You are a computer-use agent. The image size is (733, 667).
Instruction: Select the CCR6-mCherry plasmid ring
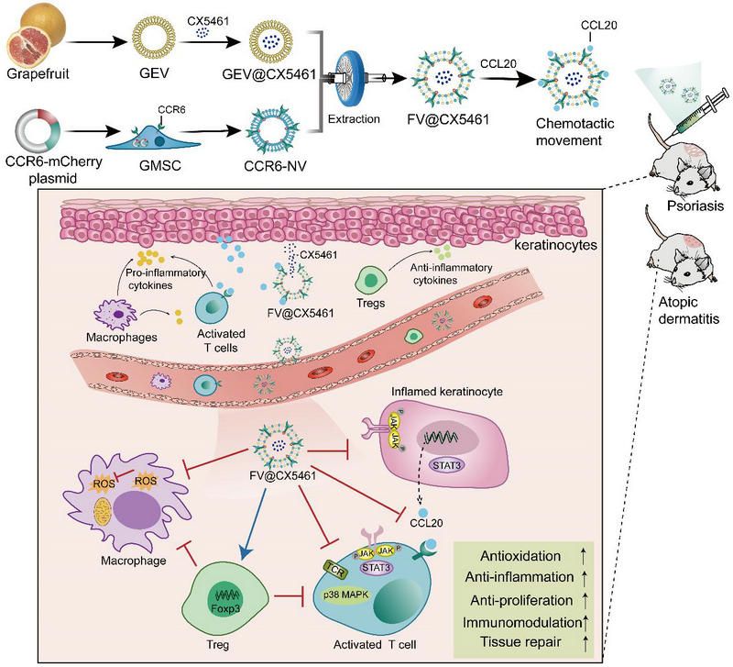(x=38, y=125)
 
